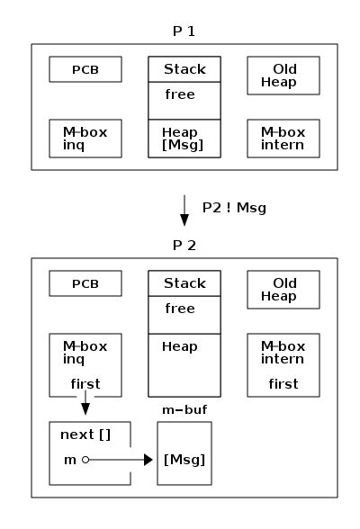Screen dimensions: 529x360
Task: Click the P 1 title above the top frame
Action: click(184, 31)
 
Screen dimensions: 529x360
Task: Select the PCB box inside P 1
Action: click(85, 69)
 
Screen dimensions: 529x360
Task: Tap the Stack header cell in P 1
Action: click(184, 69)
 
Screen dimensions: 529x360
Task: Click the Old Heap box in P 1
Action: click(284, 76)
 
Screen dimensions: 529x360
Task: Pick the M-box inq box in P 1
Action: click(85, 139)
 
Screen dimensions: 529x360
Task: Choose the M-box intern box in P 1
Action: click(284, 139)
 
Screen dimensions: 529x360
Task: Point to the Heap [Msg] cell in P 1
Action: click(184, 139)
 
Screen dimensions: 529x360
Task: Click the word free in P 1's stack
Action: click(179, 94)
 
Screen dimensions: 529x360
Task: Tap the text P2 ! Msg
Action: click(234, 208)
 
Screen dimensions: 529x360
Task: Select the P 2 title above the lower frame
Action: click(184, 245)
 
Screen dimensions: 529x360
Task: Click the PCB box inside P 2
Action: click(85, 284)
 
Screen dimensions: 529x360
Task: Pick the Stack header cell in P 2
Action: click(184, 284)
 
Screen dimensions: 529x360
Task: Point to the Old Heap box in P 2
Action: click(284, 290)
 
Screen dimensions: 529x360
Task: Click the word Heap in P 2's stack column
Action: click(179, 346)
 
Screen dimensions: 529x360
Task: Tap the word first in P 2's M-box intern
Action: click(283, 384)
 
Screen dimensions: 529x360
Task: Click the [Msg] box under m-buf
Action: click(184, 460)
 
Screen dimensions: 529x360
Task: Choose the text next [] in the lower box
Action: click(85, 435)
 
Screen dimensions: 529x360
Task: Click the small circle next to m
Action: click(85, 460)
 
